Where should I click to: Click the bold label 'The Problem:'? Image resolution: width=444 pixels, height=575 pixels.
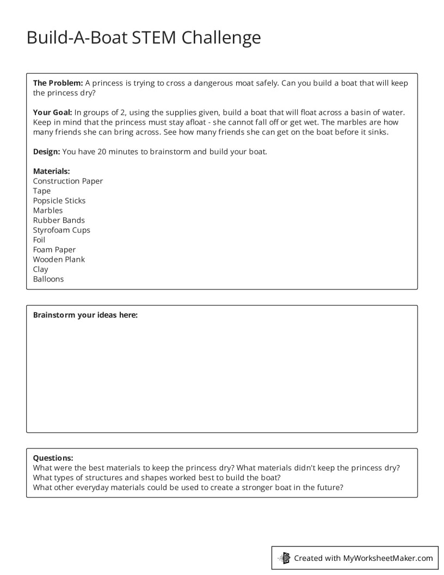pos(58,83)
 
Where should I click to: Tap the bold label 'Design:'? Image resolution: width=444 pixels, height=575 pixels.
pos(47,151)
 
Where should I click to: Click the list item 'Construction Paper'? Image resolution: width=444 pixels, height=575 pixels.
pos(67,181)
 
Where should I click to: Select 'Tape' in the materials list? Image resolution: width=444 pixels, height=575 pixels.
pos(41,191)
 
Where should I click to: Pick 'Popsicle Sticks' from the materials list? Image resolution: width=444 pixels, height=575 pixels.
pos(59,200)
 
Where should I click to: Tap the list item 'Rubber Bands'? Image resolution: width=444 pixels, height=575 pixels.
pos(59,220)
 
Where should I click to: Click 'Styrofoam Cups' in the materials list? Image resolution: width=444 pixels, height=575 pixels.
pos(61,230)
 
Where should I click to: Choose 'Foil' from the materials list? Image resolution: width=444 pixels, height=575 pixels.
pos(39,240)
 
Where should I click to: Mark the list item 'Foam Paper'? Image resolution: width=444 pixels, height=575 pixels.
pos(54,249)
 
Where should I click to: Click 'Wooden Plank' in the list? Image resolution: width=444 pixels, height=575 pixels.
pos(59,259)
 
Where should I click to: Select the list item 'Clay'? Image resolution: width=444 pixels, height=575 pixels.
pos(40,269)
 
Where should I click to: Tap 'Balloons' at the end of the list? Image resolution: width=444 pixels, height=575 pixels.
pos(48,279)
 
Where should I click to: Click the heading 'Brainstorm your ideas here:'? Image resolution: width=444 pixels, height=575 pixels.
pos(85,315)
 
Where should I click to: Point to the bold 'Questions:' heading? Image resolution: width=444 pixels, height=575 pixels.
pos(53,458)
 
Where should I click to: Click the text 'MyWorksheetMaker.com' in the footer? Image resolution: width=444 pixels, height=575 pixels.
pos(387,558)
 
